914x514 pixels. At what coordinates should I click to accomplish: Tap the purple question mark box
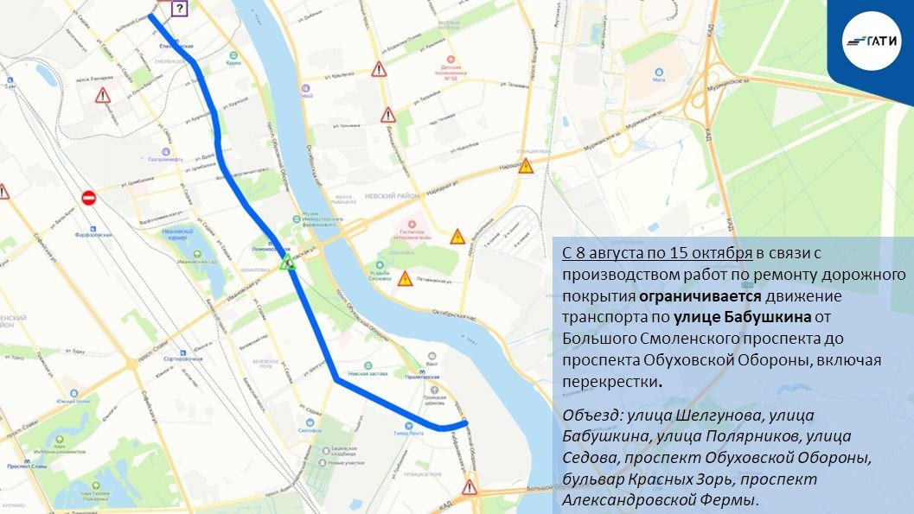179,10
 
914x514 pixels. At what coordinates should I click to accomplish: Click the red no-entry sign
88,198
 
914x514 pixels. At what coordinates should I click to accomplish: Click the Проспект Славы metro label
25,465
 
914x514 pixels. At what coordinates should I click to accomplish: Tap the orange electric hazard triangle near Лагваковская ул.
405,278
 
